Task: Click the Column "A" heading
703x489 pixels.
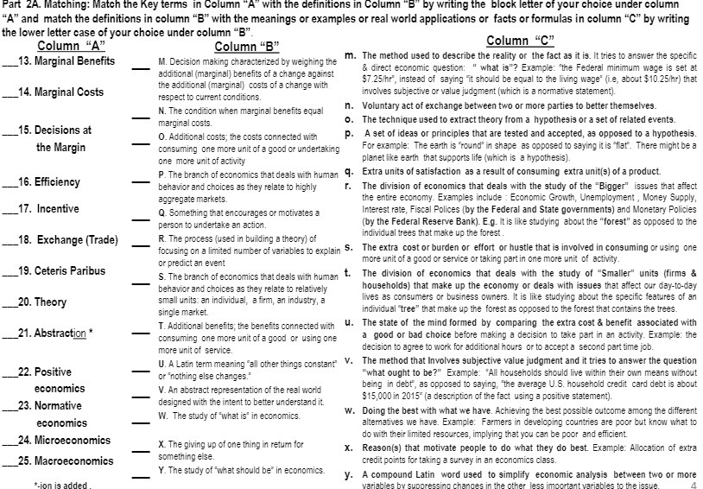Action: [72, 46]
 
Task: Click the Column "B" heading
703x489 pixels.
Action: [246, 47]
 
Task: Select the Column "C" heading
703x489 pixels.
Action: [521, 41]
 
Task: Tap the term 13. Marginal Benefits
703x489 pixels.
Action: [71, 61]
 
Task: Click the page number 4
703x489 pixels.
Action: [693, 485]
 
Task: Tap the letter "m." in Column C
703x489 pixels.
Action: [351, 55]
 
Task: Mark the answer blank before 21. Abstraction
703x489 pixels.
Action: [9, 333]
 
